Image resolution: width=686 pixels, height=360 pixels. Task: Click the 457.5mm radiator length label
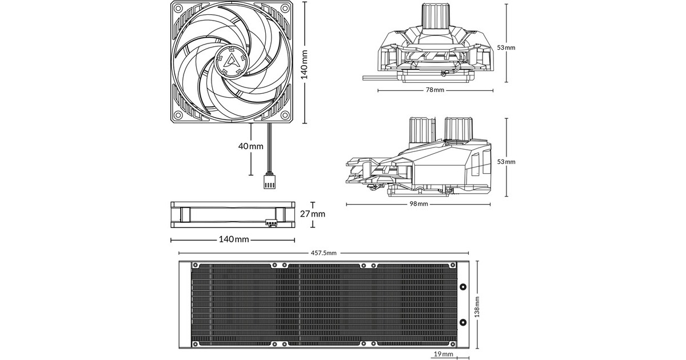(x=324, y=253)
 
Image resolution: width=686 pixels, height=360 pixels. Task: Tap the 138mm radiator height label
(x=478, y=307)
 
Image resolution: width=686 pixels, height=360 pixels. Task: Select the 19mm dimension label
(x=444, y=354)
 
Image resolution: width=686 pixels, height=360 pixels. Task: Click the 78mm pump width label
(x=434, y=90)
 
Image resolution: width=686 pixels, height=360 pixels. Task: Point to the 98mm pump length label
(x=418, y=204)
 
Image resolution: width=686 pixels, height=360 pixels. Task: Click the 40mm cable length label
(x=250, y=146)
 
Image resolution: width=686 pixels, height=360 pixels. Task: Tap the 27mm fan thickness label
(x=313, y=214)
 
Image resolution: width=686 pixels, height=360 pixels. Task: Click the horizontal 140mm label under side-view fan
(x=234, y=238)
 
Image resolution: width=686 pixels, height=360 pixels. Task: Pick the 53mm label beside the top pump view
(x=506, y=47)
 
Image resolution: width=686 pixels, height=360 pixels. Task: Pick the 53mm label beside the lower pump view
(x=506, y=162)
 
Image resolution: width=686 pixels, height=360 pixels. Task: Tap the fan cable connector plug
(x=269, y=180)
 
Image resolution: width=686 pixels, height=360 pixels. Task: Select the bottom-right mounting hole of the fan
(x=286, y=114)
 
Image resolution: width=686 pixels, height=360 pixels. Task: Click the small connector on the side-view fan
(x=270, y=223)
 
